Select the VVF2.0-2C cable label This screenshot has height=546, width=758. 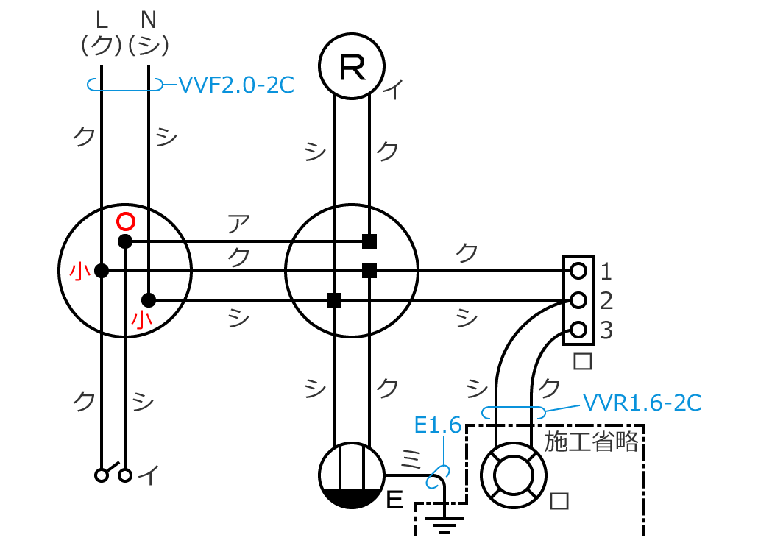point(236,85)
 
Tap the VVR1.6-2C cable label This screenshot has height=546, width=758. point(641,403)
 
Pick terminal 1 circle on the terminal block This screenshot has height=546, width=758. point(578,271)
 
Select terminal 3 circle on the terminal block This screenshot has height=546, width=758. point(578,329)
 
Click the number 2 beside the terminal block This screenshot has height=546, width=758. point(606,300)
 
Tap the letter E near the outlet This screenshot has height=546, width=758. point(395,501)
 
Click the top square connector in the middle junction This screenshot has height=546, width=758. point(369,241)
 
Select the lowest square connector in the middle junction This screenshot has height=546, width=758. point(334,299)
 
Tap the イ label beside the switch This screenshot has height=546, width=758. point(149,476)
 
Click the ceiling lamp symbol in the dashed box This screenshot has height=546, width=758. point(513,475)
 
